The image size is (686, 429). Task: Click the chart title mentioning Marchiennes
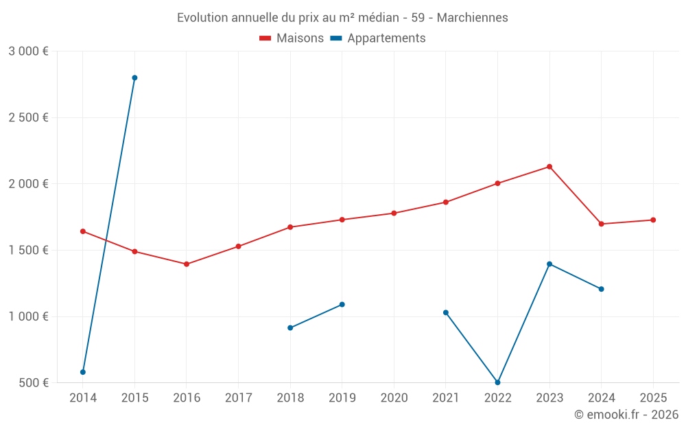point(342,17)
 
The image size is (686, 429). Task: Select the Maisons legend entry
point(292,38)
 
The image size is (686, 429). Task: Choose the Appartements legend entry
point(378,38)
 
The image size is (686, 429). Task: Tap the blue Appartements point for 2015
point(134,78)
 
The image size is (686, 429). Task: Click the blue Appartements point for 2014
point(83,372)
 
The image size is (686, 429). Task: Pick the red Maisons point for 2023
point(549,167)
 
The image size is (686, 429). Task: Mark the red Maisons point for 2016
point(187,264)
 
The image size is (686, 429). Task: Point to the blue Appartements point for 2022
point(497,382)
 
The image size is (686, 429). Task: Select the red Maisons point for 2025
point(653,220)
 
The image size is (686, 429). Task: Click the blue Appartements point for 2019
point(342,304)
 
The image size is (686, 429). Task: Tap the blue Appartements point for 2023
point(549,264)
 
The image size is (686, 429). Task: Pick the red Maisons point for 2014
point(83,231)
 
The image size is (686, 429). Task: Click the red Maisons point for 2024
point(601,224)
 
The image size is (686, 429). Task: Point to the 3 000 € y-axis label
point(28,51)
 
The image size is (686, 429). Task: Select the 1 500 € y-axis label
point(28,250)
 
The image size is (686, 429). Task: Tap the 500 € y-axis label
point(32,382)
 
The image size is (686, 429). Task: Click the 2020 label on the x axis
point(394,397)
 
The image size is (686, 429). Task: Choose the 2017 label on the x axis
point(238,397)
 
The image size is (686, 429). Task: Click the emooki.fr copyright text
point(626,415)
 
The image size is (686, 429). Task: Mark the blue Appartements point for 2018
point(290,327)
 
